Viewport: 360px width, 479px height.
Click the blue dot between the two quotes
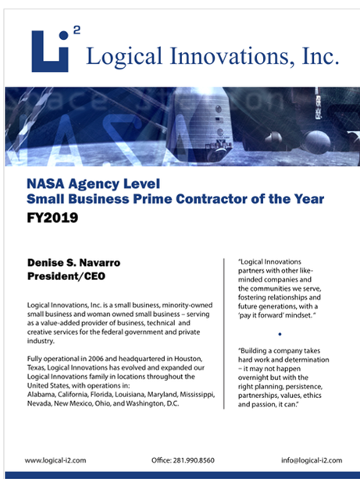[x=279, y=333]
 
